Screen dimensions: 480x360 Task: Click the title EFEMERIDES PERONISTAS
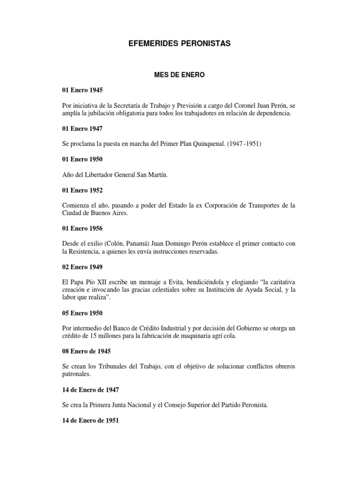coord(180,44)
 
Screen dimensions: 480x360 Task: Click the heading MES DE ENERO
coord(180,74)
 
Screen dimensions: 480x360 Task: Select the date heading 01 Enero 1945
coord(82,90)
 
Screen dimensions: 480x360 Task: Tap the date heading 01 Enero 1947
coord(82,128)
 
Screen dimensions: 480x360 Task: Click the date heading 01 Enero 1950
coord(82,159)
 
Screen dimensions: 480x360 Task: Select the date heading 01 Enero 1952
coord(82,190)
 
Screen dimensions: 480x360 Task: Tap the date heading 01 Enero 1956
coord(82,228)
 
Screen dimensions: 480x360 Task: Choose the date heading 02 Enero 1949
coord(82,267)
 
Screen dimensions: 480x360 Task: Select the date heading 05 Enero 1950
coord(82,313)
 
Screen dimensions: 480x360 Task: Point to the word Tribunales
coord(105,367)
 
